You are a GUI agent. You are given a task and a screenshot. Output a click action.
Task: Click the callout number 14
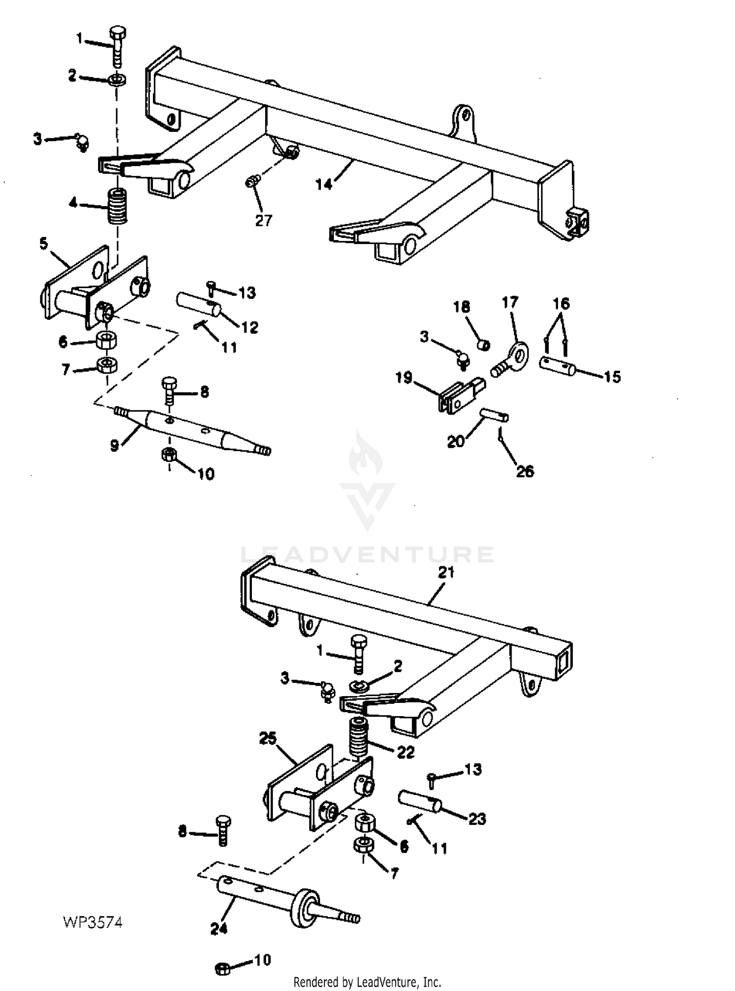point(324,184)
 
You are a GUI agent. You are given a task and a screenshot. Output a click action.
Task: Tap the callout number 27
point(263,221)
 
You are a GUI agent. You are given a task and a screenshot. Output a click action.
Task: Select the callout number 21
point(446,572)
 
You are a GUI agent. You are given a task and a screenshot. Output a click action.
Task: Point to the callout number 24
point(219,928)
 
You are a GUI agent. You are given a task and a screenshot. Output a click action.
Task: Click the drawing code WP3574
point(93,922)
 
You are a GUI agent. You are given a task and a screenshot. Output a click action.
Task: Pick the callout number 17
point(510,302)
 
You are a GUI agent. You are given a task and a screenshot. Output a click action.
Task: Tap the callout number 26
point(525,471)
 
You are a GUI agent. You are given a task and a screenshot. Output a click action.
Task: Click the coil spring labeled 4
point(117,206)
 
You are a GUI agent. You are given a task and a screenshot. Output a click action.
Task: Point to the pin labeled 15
point(558,366)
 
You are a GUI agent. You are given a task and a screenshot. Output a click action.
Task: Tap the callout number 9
point(114,446)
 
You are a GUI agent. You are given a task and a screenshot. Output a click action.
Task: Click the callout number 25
point(269,738)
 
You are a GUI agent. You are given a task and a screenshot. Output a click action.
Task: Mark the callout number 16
point(562,304)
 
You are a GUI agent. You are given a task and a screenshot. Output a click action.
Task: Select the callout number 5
point(44,243)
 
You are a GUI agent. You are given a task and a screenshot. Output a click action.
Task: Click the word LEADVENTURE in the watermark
point(367,555)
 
